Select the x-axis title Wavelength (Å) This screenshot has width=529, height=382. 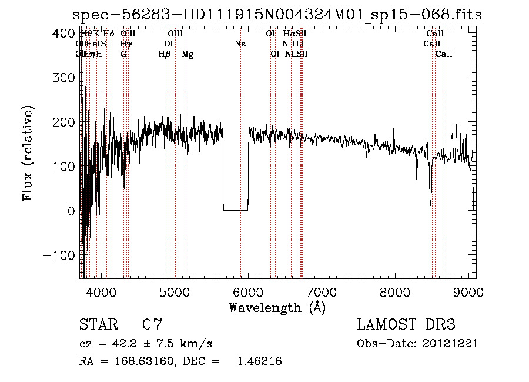277,307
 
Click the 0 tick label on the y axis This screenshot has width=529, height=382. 70,211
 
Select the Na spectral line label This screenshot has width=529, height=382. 240,44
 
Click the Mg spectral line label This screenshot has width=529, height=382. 188,54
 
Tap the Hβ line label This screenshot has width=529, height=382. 165,54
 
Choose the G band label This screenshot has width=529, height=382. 123,54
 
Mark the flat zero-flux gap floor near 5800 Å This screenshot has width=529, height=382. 236,210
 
